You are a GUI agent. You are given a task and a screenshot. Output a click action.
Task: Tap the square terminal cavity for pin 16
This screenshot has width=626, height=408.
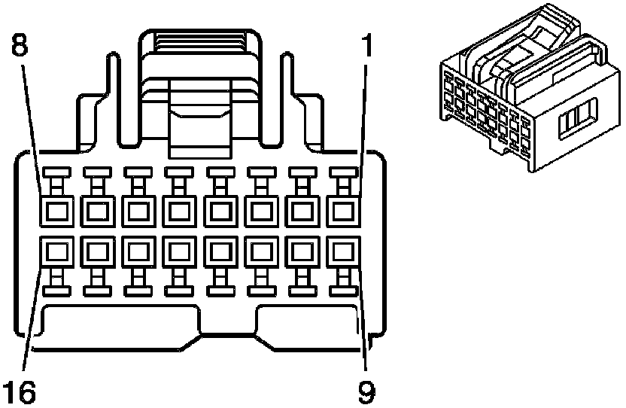[x=56, y=250]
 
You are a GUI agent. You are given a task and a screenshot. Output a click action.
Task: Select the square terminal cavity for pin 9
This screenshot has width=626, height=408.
[x=345, y=250]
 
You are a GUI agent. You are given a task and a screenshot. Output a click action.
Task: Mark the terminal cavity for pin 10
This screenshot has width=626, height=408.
[x=303, y=250]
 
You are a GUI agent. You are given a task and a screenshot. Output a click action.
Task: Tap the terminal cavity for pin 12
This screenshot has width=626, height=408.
[x=221, y=250]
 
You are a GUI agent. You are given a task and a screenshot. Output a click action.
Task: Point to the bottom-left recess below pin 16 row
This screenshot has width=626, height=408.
[x=120, y=324]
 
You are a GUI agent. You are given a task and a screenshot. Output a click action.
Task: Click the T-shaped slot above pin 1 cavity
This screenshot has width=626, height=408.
[x=345, y=181]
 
